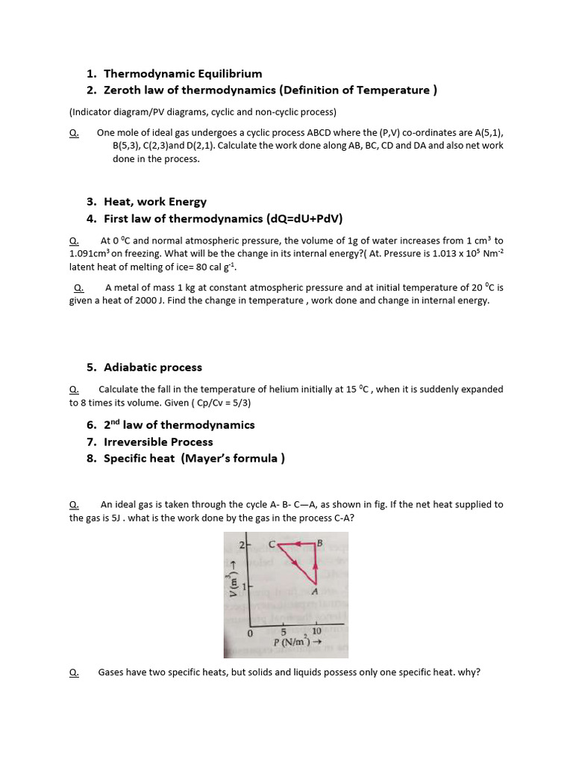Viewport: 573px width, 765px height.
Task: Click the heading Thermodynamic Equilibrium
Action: [183, 73]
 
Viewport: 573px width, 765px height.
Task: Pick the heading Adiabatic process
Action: [153, 367]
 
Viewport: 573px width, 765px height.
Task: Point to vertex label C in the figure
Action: [272, 544]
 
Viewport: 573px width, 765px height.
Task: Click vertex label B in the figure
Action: [321, 542]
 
